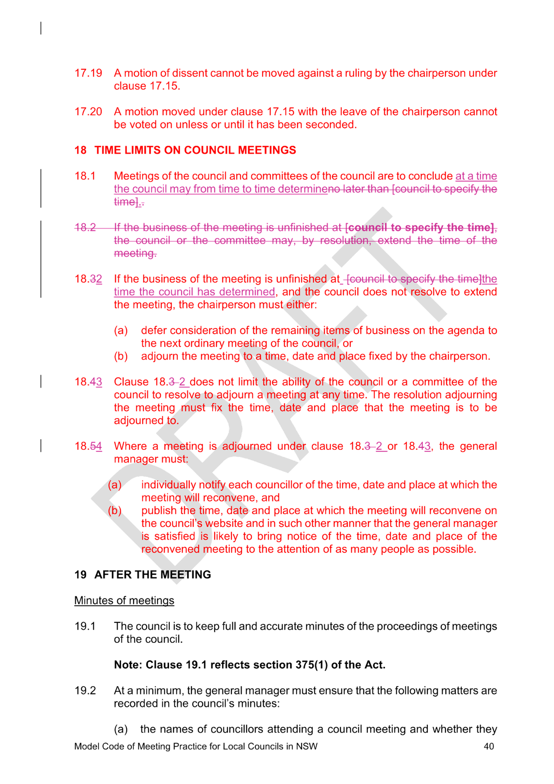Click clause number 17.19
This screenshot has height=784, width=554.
[x=88, y=73]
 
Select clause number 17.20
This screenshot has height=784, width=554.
[x=88, y=112]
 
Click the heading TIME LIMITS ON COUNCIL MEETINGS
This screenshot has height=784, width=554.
[x=195, y=150]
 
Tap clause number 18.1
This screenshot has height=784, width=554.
[x=85, y=176]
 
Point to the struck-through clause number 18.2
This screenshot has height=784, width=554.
[x=85, y=228]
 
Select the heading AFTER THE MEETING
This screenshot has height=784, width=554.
[x=153, y=575]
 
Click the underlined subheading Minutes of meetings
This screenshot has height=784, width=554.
[x=124, y=600]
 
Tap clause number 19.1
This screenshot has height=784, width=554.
[x=85, y=626]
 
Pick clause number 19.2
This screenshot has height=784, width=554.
[x=85, y=691]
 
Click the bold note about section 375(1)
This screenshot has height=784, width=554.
[x=250, y=665]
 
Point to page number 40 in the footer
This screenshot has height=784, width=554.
[x=489, y=747]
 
